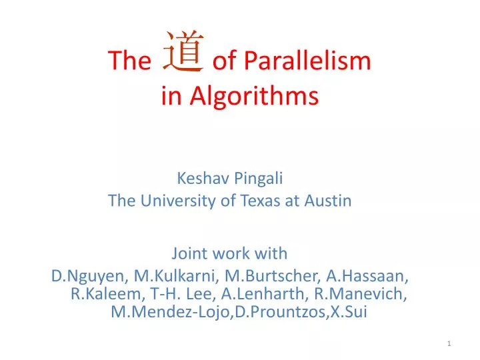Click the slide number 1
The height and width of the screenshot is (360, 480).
pos(450,343)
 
